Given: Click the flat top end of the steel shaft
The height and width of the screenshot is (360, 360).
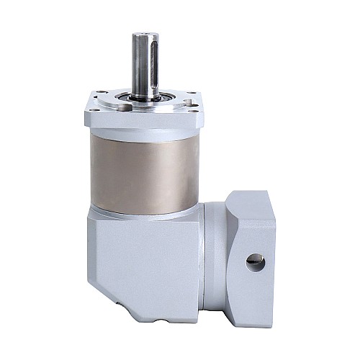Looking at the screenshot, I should point(144,33).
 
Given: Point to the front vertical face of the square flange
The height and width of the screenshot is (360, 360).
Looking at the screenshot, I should point(144,121).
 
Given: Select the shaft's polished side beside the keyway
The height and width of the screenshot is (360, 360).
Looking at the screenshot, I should point(138,65).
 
